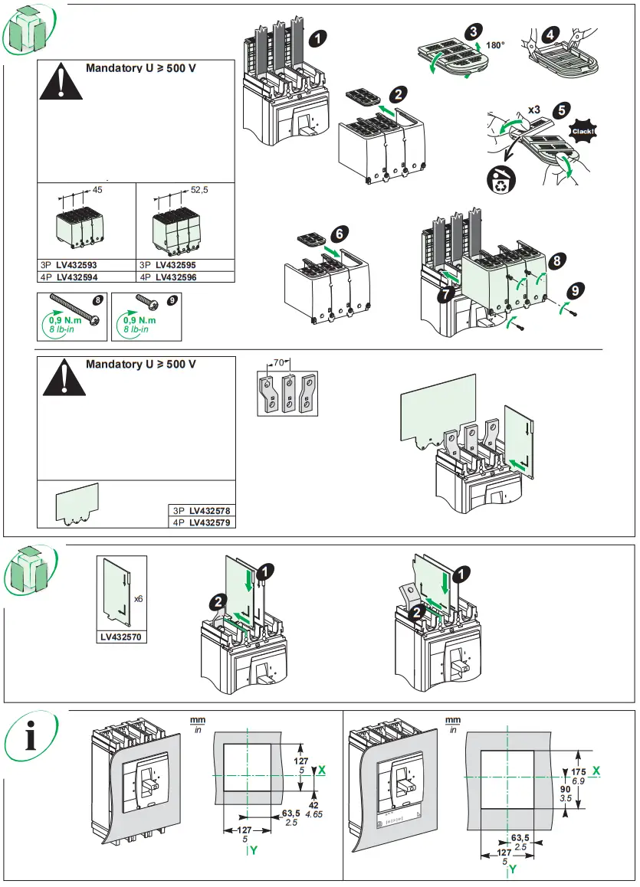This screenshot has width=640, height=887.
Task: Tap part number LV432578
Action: tap(210, 509)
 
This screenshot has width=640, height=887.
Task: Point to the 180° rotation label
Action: tap(495, 46)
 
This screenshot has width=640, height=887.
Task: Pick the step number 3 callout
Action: tap(475, 31)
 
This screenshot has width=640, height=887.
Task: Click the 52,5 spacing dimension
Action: tap(199, 189)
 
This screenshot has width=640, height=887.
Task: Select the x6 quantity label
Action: tap(138, 598)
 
